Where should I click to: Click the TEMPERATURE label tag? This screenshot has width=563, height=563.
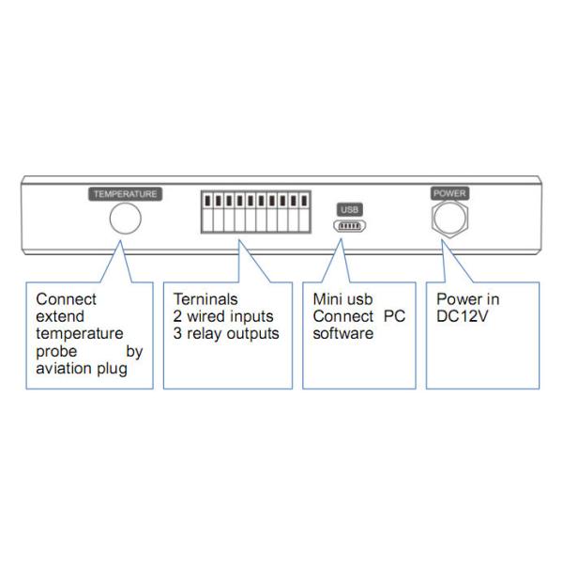pyautogui.click(x=126, y=194)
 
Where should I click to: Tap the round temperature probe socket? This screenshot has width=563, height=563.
pyautogui.click(x=126, y=220)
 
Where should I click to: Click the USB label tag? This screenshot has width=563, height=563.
pyautogui.click(x=348, y=209)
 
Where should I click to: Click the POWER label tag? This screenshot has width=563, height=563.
pyautogui.click(x=449, y=193)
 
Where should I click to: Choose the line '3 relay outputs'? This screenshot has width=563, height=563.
pyautogui.click(x=226, y=334)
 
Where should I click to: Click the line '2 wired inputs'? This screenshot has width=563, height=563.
pyautogui.click(x=223, y=317)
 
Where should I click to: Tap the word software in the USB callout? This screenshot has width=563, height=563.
pyautogui.click(x=342, y=334)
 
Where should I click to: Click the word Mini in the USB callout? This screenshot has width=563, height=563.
pyautogui.click(x=328, y=300)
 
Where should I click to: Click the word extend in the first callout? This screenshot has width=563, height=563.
pyautogui.click(x=60, y=317)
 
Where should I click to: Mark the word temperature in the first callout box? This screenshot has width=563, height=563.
pyautogui.click(x=79, y=334)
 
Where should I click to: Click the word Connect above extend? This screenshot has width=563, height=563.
pyautogui.click(x=66, y=300)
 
